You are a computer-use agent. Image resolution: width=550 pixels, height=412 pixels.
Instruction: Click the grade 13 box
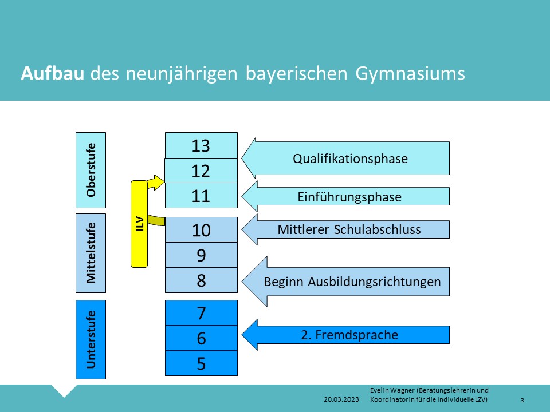pos(201,145)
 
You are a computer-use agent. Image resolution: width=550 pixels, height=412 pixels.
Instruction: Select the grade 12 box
pos(201,171)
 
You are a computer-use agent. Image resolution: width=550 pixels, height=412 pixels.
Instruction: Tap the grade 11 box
pos(201,196)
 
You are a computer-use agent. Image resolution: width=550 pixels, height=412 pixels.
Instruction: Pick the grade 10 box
pos(201,230)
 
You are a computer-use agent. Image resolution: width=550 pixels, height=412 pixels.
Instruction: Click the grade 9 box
pos(201,255)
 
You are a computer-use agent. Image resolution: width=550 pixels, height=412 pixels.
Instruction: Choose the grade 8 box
pos(201,280)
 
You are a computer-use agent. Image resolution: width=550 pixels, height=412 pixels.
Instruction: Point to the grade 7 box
pos(201,313)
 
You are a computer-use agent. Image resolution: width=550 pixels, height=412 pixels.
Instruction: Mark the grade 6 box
pos(201,338)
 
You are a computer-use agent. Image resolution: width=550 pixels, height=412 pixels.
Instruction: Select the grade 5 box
pos(201,363)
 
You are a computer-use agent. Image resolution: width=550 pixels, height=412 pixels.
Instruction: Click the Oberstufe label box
pos(91,171)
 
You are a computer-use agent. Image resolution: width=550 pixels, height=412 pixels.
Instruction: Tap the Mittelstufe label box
pos(91,253)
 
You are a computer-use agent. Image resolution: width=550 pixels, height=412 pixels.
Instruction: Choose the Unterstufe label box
pos(91,339)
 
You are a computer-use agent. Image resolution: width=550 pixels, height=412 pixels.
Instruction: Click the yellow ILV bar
pos(139,224)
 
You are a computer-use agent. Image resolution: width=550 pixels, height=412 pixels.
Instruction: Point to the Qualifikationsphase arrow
pos(345,159)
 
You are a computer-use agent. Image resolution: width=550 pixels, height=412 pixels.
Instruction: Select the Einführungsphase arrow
pos(345,196)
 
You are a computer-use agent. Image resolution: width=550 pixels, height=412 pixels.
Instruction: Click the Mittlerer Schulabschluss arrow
pos(345,229)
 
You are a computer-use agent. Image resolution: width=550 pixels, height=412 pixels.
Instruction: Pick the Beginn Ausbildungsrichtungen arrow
pos(345,282)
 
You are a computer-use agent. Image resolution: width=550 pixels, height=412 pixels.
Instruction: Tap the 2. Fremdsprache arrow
pos(345,335)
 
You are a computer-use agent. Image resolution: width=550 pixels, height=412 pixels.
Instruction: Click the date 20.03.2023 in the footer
pos(341,399)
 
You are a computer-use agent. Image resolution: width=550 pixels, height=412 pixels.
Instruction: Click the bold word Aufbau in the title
pos(53,74)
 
